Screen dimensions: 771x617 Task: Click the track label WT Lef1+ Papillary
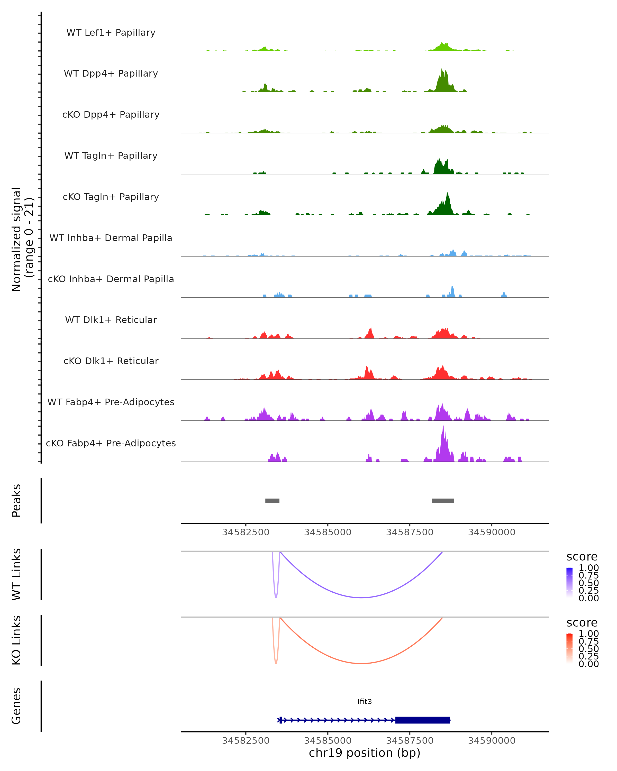click(x=111, y=33)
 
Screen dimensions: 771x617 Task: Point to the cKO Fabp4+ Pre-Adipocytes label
click(x=111, y=443)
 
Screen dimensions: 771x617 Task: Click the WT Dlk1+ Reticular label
click(x=111, y=320)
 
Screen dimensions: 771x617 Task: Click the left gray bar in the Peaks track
click(x=272, y=501)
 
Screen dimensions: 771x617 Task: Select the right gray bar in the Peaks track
click(x=443, y=501)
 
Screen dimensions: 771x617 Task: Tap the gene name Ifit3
click(x=365, y=702)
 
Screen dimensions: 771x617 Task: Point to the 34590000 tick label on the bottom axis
click(x=492, y=741)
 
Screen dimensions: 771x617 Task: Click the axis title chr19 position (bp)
click(x=365, y=753)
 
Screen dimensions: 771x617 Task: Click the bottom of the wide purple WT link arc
click(x=362, y=598)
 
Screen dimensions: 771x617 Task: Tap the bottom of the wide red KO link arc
click(x=362, y=663)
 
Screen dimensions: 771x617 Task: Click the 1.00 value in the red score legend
click(x=588, y=634)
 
